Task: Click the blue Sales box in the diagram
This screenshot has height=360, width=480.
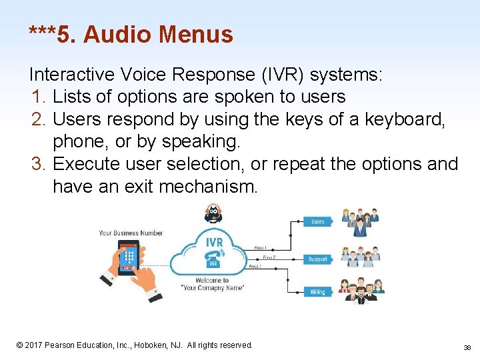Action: [x=318, y=221]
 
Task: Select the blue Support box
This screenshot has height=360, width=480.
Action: [x=318, y=259]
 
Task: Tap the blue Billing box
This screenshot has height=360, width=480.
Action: [x=318, y=292]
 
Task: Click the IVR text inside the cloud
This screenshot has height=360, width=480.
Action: [x=213, y=241]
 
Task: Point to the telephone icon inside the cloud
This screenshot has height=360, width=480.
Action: [x=214, y=259]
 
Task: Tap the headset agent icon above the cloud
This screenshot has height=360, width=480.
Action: [x=213, y=213]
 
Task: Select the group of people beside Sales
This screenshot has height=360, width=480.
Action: [x=360, y=223]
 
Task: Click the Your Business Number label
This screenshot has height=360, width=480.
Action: [x=131, y=233]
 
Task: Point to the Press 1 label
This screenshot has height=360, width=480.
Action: [x=261, y=247]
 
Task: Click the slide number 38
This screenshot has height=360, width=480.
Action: [x=467, y=347]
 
